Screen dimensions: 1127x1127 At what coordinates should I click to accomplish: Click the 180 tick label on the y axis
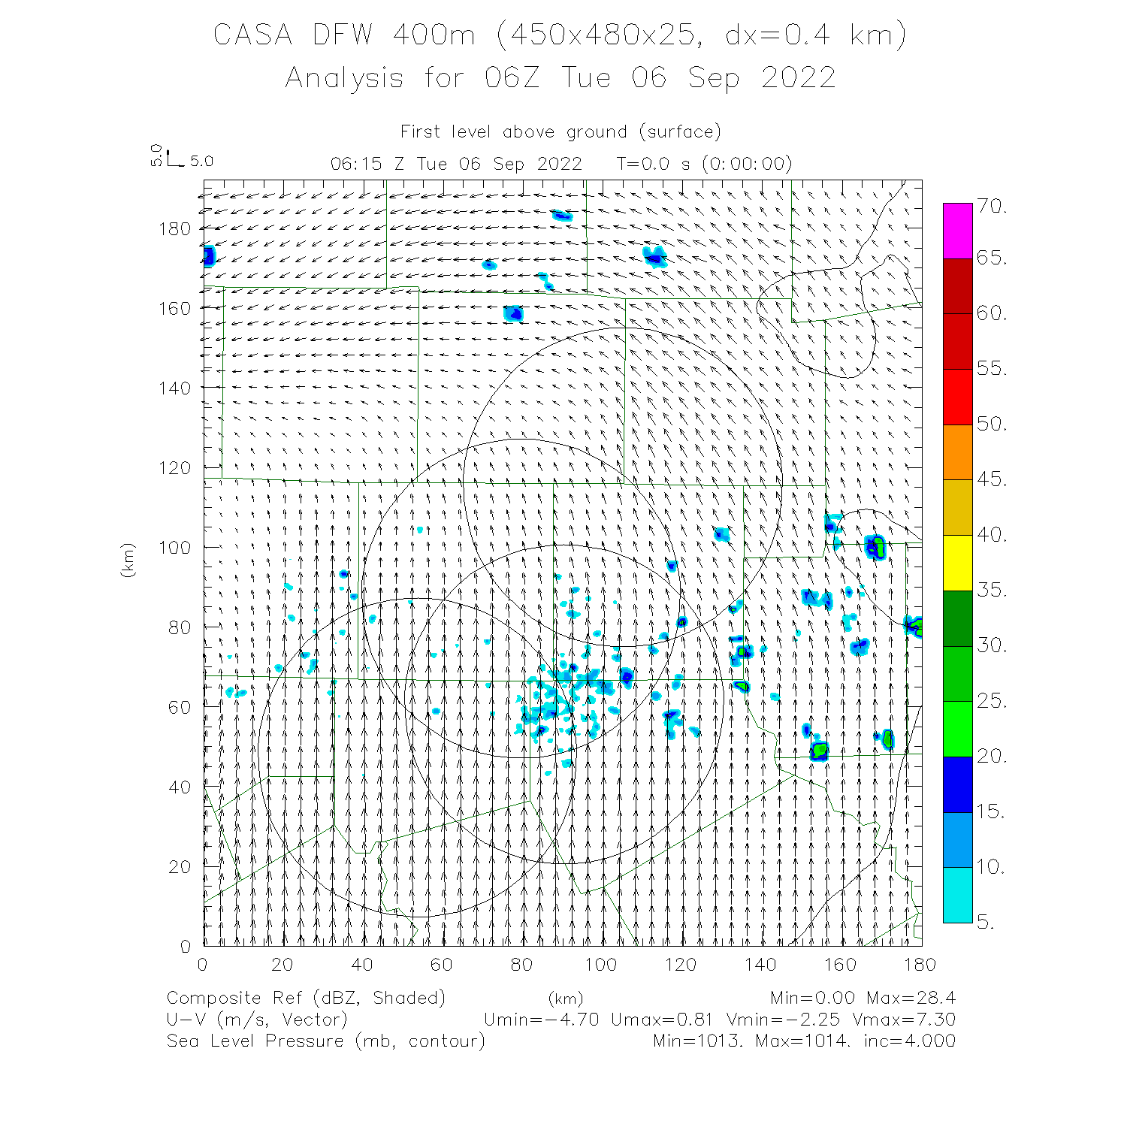click(174, 228)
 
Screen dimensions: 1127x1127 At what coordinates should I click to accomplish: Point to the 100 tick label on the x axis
click(601, 965)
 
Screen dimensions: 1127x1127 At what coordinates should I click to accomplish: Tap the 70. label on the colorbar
click(992, 206)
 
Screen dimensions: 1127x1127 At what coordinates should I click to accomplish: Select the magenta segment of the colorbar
click(957, 231)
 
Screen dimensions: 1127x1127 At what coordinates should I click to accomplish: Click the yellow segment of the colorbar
click(957, 562)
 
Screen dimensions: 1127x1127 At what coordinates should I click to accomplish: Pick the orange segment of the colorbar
click(957, 452)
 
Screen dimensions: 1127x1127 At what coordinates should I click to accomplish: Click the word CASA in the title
click(252, 35)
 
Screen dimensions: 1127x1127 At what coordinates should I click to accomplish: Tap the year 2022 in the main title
click(798, 78)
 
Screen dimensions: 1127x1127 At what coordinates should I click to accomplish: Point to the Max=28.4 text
click(911, 998)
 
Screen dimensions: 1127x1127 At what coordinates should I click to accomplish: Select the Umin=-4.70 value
click(542, 1020)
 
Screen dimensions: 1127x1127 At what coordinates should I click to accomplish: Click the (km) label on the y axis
click(128, 560)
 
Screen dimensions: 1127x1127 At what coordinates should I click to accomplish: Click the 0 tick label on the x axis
click(203, 965)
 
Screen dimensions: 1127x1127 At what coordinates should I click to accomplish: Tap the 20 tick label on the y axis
click(179, 866)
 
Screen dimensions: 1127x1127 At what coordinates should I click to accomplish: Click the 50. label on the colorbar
click(992, 424)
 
